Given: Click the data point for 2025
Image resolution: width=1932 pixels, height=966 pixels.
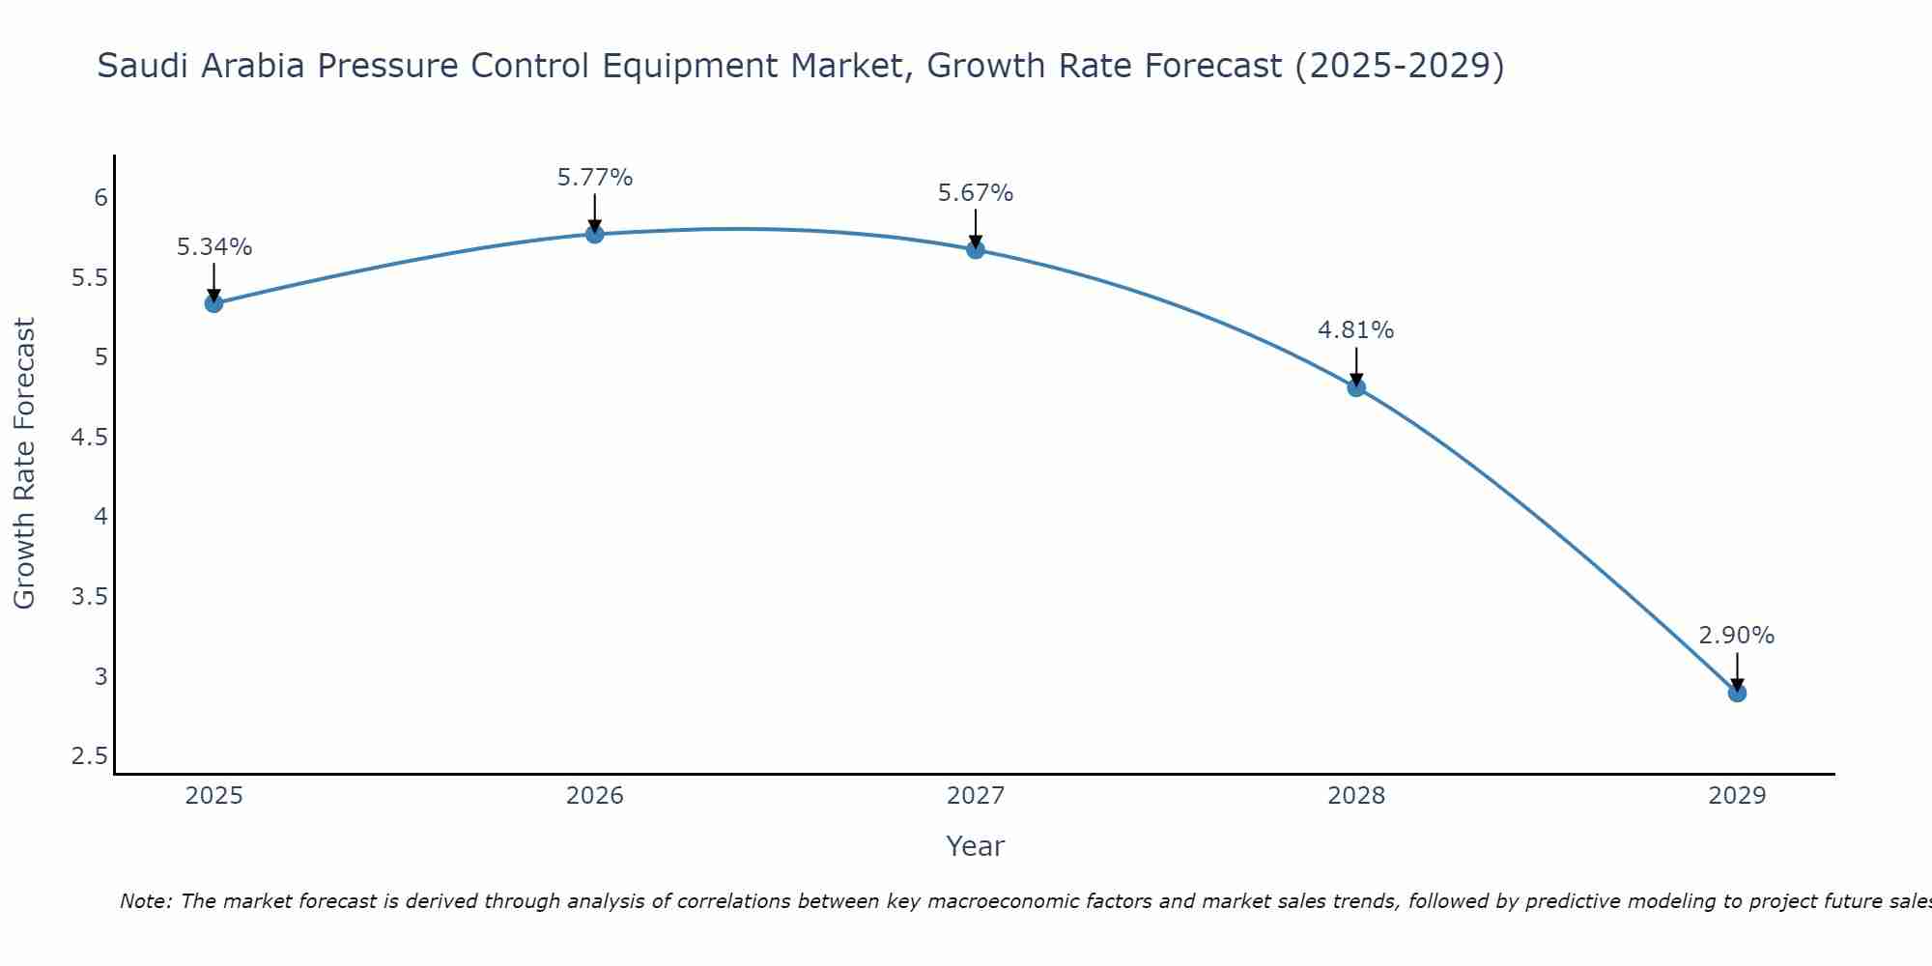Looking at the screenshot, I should (x=213, y=303).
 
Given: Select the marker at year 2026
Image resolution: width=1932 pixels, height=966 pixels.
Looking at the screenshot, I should (x=594, y=234).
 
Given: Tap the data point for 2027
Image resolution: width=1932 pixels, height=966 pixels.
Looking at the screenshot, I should (x=976, y=250).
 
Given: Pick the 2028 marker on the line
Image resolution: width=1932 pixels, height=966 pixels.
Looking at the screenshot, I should (x=1356, y=387).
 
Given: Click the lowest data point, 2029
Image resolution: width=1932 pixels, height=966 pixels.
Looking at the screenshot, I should (x=1737, y=693).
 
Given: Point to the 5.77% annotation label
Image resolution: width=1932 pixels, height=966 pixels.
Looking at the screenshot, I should (x=594, y=178).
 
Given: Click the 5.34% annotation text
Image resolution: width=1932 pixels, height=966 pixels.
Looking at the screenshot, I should (x=213, y=247).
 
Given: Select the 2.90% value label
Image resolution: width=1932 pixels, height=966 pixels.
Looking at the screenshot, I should (x=1737, y=636).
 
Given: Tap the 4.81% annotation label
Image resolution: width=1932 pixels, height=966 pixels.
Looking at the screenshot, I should (x=1356, y=330).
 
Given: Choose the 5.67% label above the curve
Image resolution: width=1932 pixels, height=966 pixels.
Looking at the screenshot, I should (x=976, y=193).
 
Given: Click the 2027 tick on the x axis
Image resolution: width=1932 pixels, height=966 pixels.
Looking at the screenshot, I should (x=976, y=796).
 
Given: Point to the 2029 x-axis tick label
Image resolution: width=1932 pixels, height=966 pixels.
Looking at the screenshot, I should (x=1737, y=796).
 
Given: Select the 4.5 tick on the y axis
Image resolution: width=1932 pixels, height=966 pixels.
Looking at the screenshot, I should (x=89, y=438).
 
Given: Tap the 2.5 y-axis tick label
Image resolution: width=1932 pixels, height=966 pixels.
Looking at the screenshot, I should (x=89, y=756).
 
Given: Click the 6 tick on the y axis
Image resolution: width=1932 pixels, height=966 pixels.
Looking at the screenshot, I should (x=100, y=198).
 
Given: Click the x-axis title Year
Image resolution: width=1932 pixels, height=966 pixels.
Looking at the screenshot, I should (x=976, y=846).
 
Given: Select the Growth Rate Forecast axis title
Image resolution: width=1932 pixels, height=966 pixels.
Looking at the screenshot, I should (x=25, y=464).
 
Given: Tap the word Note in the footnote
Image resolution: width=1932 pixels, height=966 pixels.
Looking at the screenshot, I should (x=145, y=901).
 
